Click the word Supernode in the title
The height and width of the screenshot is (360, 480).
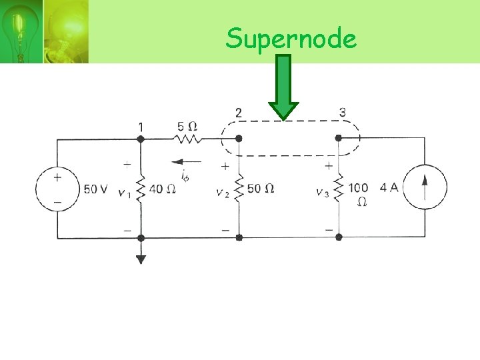pos(291,39)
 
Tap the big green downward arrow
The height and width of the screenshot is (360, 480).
pos(284,87)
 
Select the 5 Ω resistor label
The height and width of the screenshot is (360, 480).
pos(187,125)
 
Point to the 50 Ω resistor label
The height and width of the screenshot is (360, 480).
pos(261,189)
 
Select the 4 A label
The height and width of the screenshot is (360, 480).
pos(389,188)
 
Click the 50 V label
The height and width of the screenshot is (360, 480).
pos(95,189)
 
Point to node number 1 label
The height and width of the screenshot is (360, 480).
pos(141,126)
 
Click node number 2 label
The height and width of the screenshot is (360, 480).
pos(239,112)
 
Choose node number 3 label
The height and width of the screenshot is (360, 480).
pos(342,112)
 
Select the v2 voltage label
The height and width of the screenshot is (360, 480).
pos(222,193)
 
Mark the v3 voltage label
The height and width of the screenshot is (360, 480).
pos(323,193)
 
